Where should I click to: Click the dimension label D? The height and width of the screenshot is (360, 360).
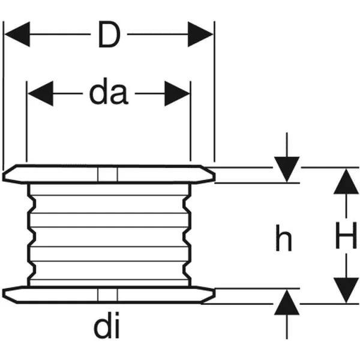point(109,34)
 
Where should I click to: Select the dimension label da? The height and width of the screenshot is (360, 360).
point(109,94)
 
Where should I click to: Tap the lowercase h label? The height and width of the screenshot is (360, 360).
point(283,238)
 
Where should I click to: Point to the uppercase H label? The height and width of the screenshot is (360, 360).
point(346,235)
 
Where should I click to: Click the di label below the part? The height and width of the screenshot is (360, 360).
point(107,325)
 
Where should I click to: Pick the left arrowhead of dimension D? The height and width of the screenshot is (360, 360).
point(17,34)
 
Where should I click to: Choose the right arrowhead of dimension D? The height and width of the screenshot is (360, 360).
point(200,34)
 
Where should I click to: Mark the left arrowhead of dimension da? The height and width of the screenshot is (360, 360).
point(41,94)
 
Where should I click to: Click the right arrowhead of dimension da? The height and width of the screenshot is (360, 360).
point(177,94)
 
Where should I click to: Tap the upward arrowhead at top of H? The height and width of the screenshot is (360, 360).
point(346,181)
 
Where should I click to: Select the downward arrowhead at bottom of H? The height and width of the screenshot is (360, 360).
point(346,290)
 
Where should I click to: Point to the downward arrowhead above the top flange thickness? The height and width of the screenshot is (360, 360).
point(287,169)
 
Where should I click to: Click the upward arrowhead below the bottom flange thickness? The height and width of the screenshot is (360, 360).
point(287,302)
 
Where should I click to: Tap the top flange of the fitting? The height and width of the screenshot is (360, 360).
point(109,174)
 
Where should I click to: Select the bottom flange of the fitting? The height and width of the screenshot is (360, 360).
point(109,295)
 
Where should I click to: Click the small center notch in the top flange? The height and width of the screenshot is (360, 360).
point(107,175)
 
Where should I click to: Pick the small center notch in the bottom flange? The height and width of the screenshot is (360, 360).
point(107,295)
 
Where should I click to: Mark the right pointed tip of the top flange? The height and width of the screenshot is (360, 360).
point(215,176)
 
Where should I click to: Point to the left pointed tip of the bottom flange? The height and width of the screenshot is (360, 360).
point(4,293)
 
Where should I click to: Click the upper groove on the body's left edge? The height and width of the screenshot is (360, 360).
point(32,205)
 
